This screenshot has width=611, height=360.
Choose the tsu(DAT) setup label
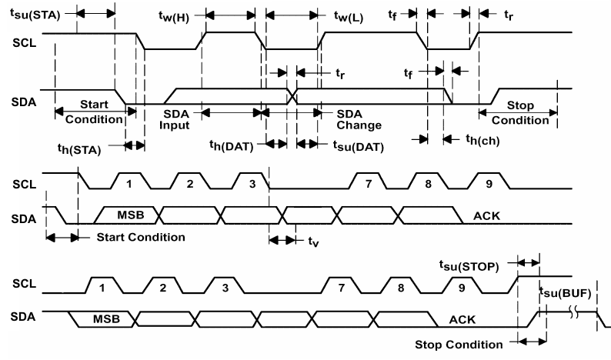click(359, 145)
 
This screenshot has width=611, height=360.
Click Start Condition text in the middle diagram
click(141, 237)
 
